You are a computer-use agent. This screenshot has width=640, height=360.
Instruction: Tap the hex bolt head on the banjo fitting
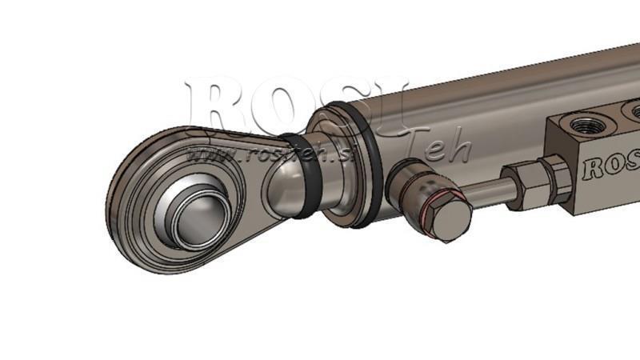[448, 218]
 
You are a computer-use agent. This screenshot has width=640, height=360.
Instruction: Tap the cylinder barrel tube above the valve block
[496, 96]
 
